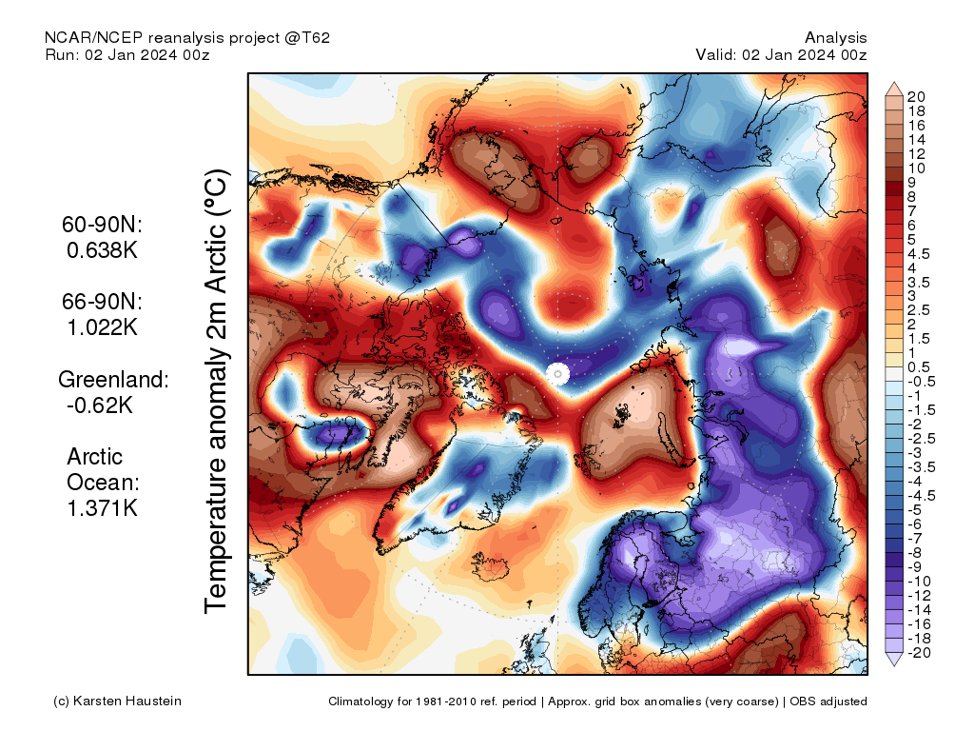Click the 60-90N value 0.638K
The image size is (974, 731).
[103, 251]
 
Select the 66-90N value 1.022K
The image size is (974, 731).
[103, 327]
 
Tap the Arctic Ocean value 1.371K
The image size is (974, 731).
[103, 507]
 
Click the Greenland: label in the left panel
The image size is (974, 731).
[114, 379]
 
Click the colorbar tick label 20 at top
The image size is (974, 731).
[917, 96]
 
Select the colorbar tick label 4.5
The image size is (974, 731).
[918, 253]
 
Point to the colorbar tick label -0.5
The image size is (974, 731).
[921, 382]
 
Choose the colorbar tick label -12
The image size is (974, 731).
[919, 595]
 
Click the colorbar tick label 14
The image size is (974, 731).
[917, 139]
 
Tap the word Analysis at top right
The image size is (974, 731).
[835, 37]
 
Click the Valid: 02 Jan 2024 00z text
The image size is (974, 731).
[781, 54]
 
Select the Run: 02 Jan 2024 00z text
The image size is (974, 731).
[127, 54]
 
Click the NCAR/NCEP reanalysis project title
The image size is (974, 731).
[187, 37]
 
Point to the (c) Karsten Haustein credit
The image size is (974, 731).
[118, 701]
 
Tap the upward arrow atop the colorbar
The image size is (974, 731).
[894, 89]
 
